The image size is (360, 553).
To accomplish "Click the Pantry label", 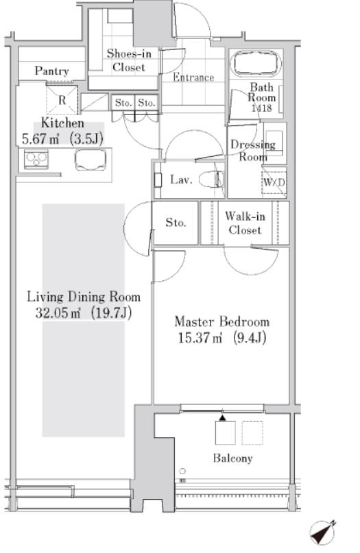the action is click(x=51, y=71).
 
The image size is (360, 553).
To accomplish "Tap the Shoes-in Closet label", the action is click(x=129, y=60).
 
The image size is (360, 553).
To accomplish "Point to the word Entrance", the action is click(x=193, y=77).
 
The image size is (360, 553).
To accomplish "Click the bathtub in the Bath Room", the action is click(x=256, y=64).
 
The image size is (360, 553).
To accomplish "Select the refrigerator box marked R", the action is click(x=62, y=100).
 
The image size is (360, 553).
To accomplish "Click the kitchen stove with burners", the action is click(x=36, y=159).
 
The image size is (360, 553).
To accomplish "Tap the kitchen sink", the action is click(x=91, y=160).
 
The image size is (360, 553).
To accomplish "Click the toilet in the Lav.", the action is click(x=211, y=180).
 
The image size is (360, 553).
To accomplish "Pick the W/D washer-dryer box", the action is click(x=274, y=182).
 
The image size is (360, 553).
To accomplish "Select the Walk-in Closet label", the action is click(x=245, y=223).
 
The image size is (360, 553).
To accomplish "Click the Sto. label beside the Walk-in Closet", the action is click(x=176, y=223).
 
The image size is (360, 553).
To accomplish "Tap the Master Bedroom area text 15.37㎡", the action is click(x=200, y=339).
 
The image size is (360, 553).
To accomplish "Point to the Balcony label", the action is click(x=232, y=458).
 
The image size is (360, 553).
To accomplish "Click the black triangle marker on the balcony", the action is click(x=222, y=418).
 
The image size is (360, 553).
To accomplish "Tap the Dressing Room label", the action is click(x=253, y=150).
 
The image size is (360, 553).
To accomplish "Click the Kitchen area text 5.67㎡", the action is click(x=40, y=138).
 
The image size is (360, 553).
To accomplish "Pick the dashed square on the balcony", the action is click(x=252, y=432).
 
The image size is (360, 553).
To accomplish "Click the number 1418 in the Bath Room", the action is click(x=261, y=108).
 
